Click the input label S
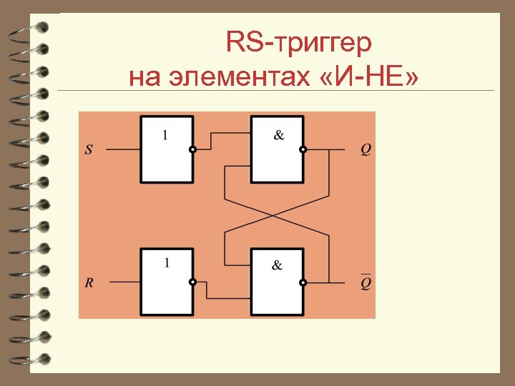point(89,150)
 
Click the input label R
point(89,283)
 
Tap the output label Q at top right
point(366,150)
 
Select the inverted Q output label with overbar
point(366,283)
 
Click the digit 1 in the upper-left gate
point(166,134)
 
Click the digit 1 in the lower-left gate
point(167,263)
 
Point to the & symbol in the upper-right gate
point(278,134)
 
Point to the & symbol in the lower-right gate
point(277,265)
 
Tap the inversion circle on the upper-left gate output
point(192,150)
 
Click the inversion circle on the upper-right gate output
point(303,150)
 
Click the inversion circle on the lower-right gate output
point(303,283)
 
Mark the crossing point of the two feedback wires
point(277,214)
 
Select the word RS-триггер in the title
point(298,43)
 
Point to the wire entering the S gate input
point(122,150)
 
